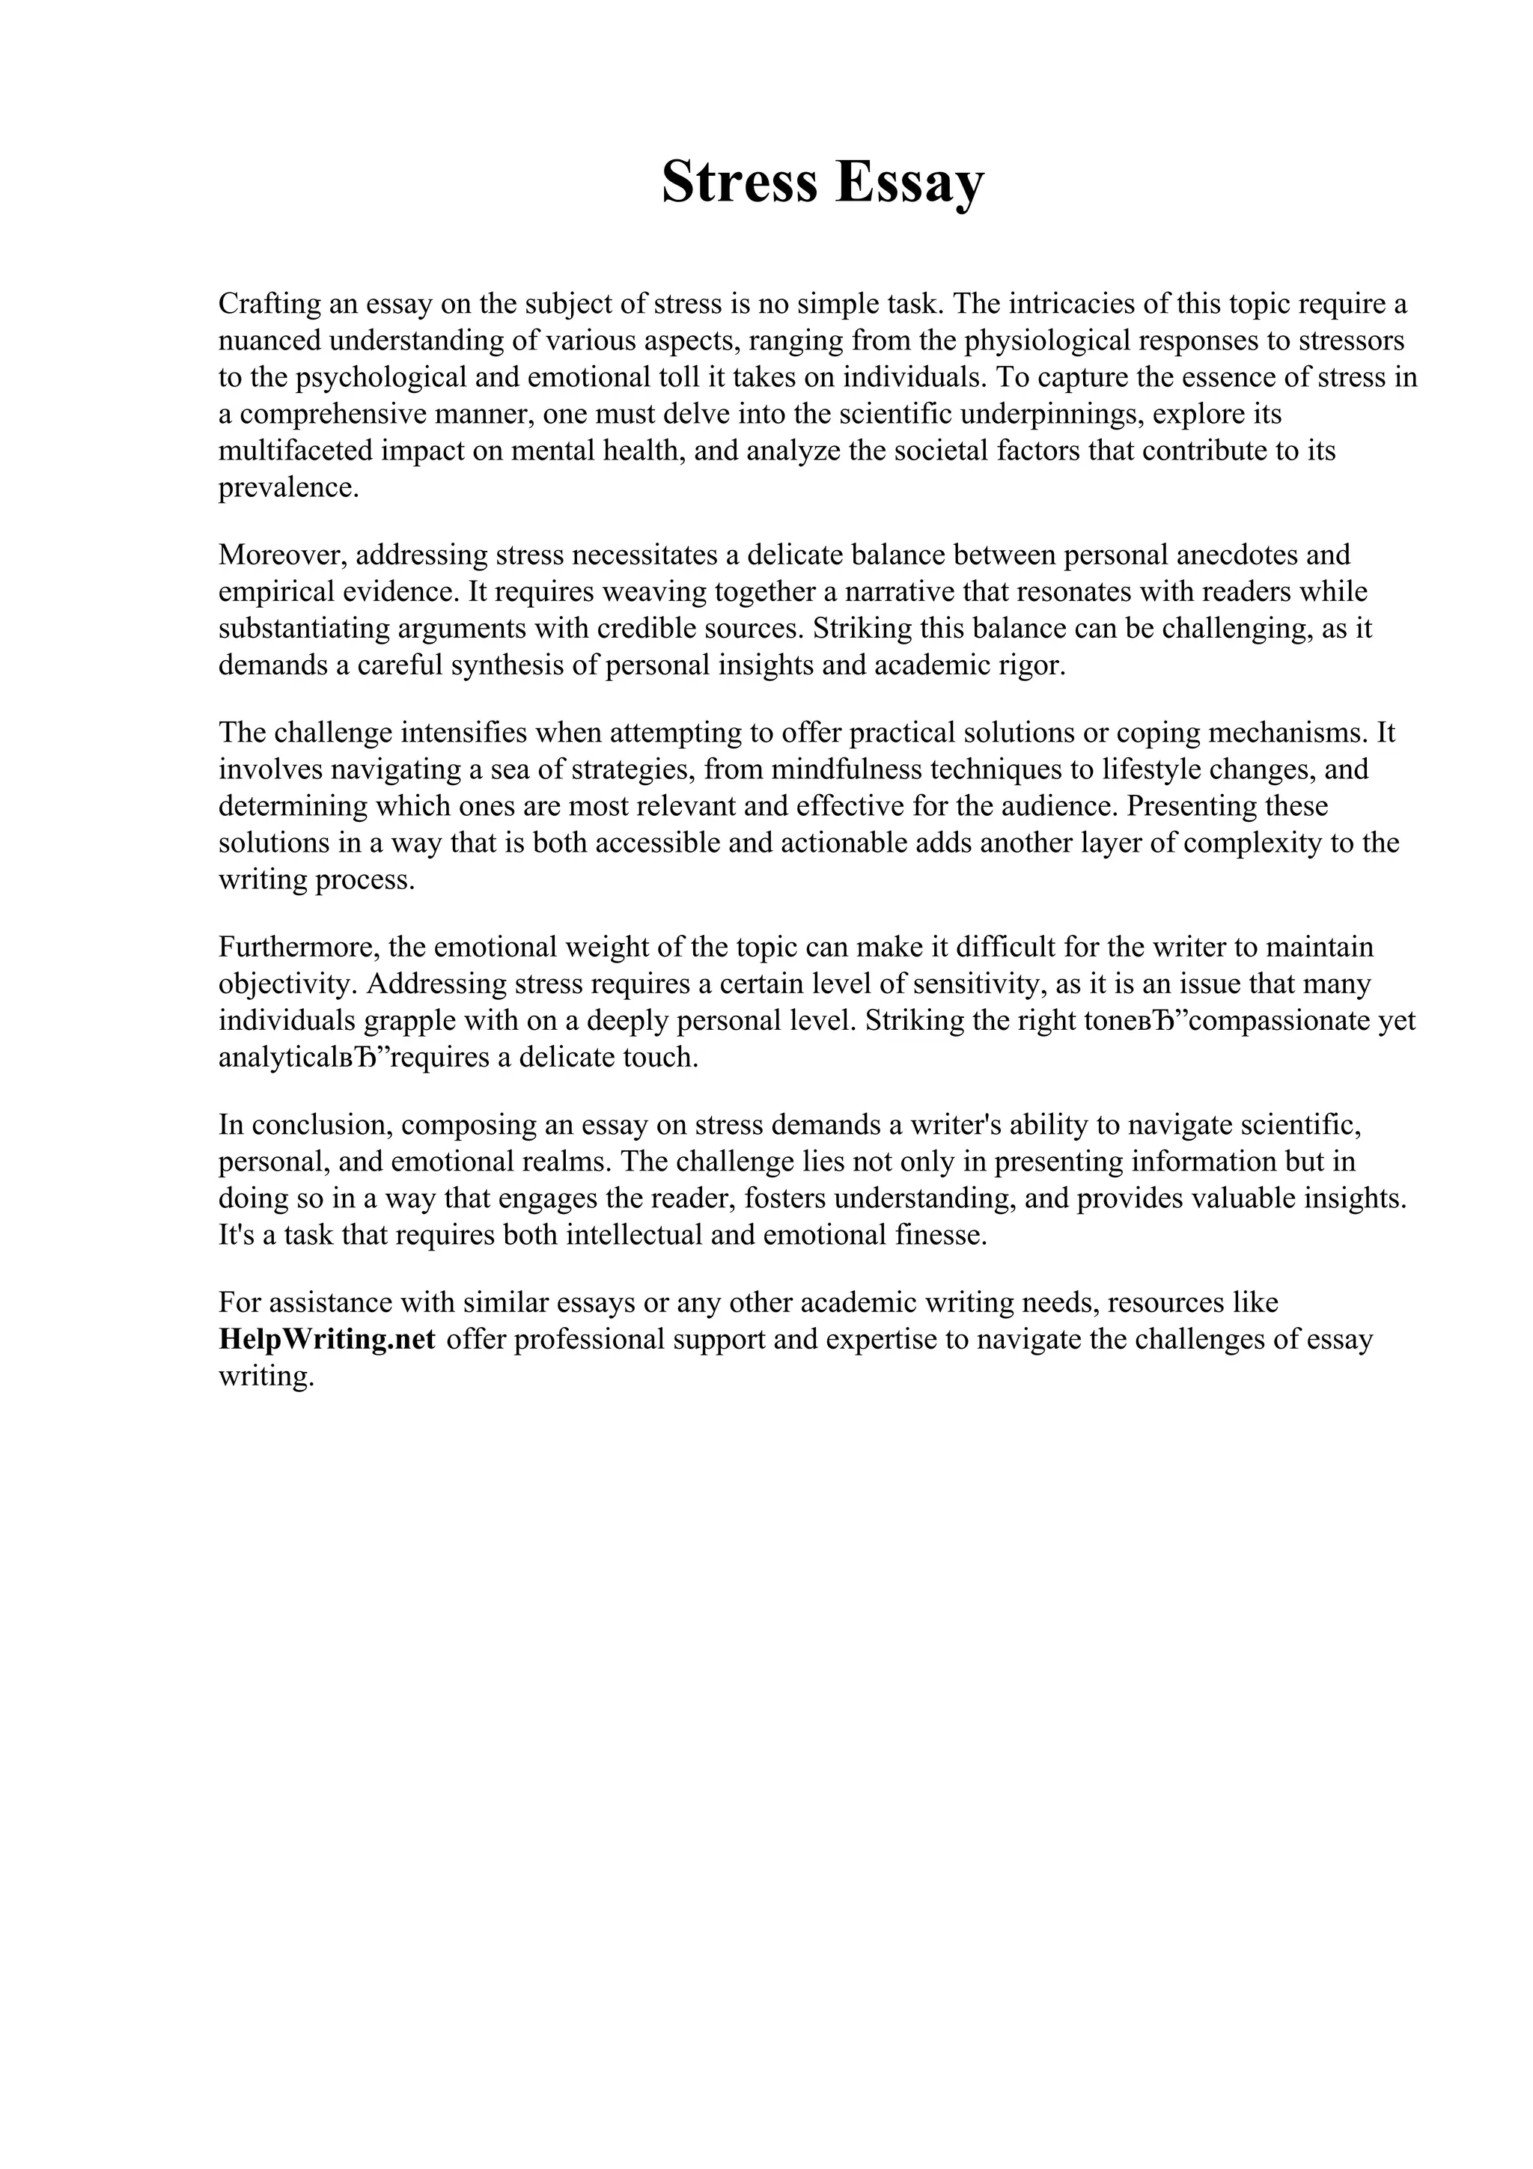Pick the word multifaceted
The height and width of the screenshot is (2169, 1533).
pos(296,451)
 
